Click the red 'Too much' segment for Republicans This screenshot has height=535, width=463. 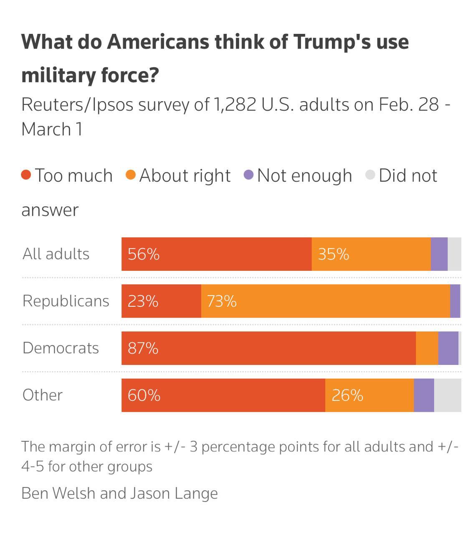(161, 301)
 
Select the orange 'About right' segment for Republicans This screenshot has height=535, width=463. (325, 301)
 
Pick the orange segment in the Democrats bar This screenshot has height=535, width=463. (427, 348)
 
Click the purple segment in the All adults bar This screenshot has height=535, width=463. (439, 254)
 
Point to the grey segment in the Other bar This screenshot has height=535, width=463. (447, 395)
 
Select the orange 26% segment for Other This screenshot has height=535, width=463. (369, 395)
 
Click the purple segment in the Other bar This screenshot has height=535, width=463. (424, 395)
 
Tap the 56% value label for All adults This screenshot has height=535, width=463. (144, 254)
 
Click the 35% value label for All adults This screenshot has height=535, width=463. (333, 254)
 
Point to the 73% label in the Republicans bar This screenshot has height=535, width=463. (221, 301)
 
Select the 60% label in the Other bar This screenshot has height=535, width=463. (144, 395)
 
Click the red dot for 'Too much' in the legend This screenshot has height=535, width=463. (26, 175)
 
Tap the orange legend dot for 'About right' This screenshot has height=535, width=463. (131, 175)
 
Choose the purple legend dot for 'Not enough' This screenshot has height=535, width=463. (248, 175)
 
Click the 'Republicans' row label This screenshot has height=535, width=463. (66, 301)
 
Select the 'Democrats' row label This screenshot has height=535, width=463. (61, 348)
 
